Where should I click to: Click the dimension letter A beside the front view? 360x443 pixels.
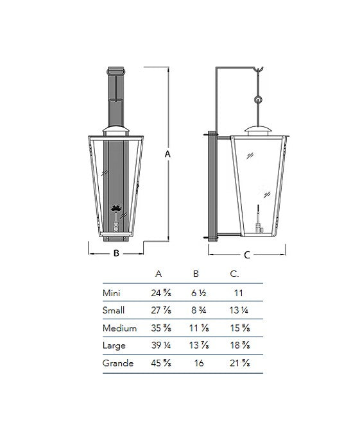point(167,155)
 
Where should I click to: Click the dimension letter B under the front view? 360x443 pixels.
point(116,253)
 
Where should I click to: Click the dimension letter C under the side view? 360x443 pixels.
point(247,255)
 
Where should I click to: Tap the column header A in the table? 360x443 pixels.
point(159,274)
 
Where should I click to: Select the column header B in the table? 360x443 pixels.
point(196,274)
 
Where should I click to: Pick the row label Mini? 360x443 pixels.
point(112,293)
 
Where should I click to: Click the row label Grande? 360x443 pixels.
point(118,363)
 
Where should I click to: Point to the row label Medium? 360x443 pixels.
point(119,328)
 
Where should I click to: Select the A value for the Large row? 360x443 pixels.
point(161,346)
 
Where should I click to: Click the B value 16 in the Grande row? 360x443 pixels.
point(199,363)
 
